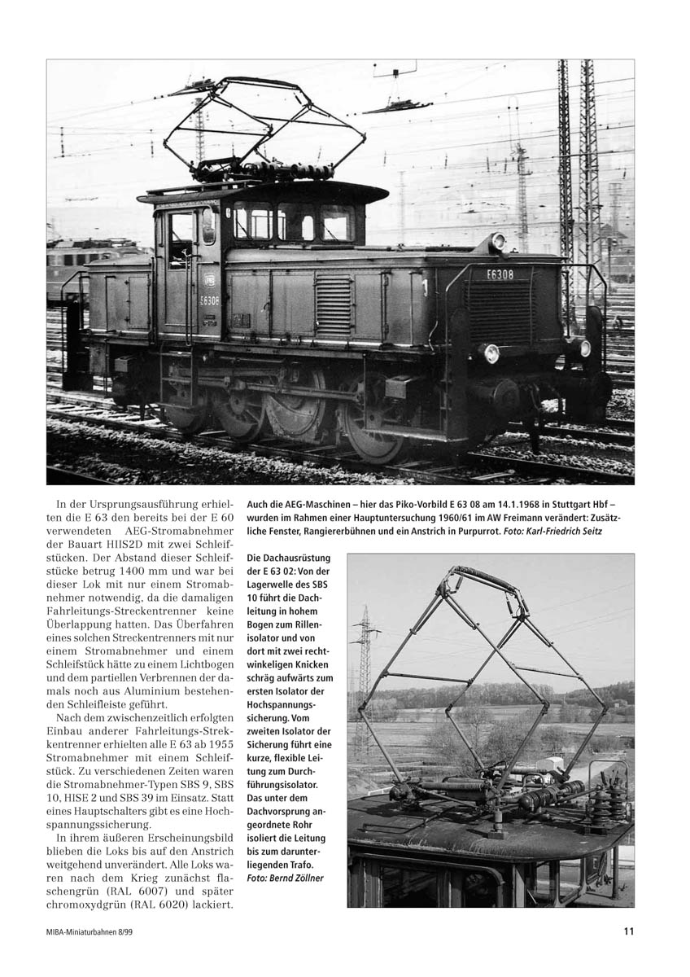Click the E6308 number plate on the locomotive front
[500, 274]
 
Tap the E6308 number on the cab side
[209, 300]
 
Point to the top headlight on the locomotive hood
[496, 241]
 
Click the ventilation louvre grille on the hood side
[333, 306]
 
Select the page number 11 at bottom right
[629, 932]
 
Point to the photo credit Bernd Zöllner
[284, 878]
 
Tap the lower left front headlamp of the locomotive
[491, 353]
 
